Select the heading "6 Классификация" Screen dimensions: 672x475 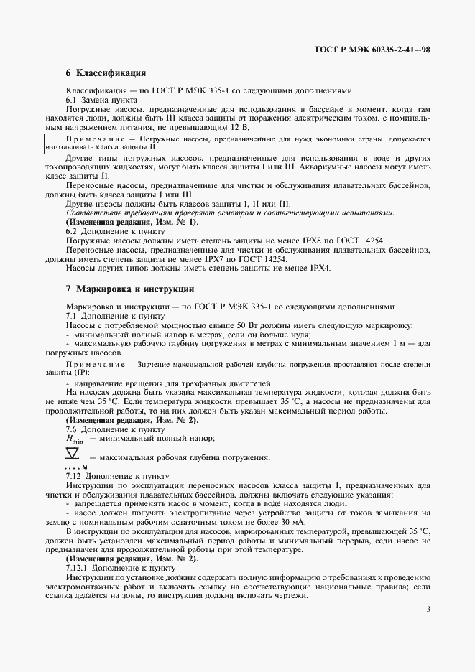(106, 73)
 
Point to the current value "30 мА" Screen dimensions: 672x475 (292, 521)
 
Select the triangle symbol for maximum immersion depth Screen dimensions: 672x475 (73, 454)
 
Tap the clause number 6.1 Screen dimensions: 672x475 (72, 100)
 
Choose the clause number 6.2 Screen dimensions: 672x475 (72, 231)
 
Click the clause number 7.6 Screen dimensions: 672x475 (72, 429)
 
